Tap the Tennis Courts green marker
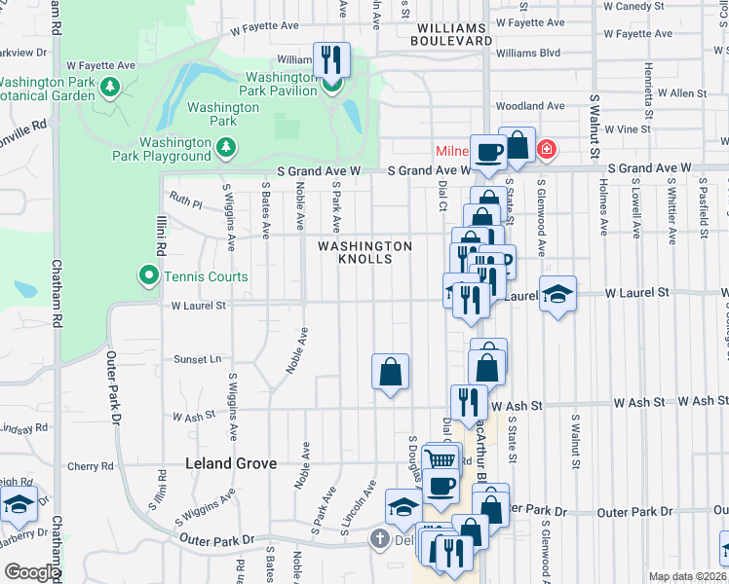point(148,276)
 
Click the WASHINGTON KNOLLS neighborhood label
point(364,252)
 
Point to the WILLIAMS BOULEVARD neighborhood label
point(450,34)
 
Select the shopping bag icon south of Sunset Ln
point(390,371)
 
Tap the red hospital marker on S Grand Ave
point(548,150)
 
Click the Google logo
point(32,572)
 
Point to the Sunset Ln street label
point(198,358)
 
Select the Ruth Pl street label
point(185,205)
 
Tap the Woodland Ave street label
point(530,106)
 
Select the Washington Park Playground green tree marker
point(226,147)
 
